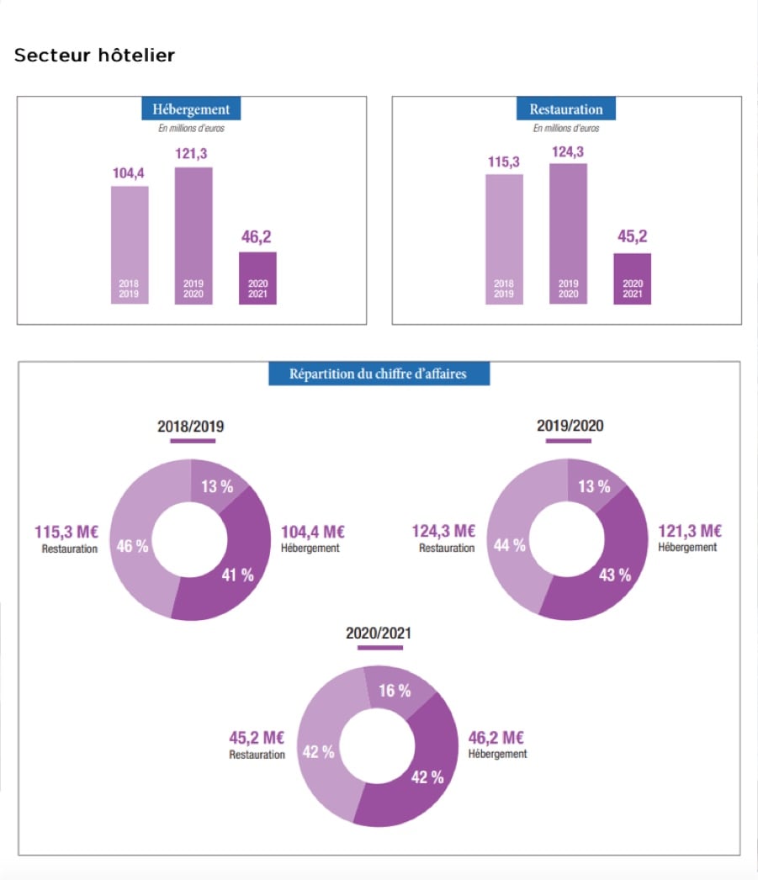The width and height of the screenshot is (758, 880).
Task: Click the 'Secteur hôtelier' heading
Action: [94, 56]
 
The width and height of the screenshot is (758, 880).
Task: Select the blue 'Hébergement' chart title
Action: [191, 109]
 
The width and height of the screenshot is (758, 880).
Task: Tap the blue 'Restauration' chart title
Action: [566, 109]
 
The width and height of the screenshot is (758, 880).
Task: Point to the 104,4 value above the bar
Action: [129, 173]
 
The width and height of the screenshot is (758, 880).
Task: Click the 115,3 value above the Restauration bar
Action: [503, 162]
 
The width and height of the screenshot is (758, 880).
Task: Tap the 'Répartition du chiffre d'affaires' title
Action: [379, 374]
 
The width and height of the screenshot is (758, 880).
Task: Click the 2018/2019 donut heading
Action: [191, 427]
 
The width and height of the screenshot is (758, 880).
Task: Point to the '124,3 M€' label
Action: [443, 532]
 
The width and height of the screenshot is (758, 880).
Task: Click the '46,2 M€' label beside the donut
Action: [496, 738]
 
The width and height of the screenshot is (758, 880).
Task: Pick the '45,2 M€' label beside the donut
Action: [257, 738]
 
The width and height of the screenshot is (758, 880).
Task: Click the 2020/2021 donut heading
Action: [379, 633]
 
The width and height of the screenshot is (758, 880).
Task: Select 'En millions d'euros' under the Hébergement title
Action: [191, 129]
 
